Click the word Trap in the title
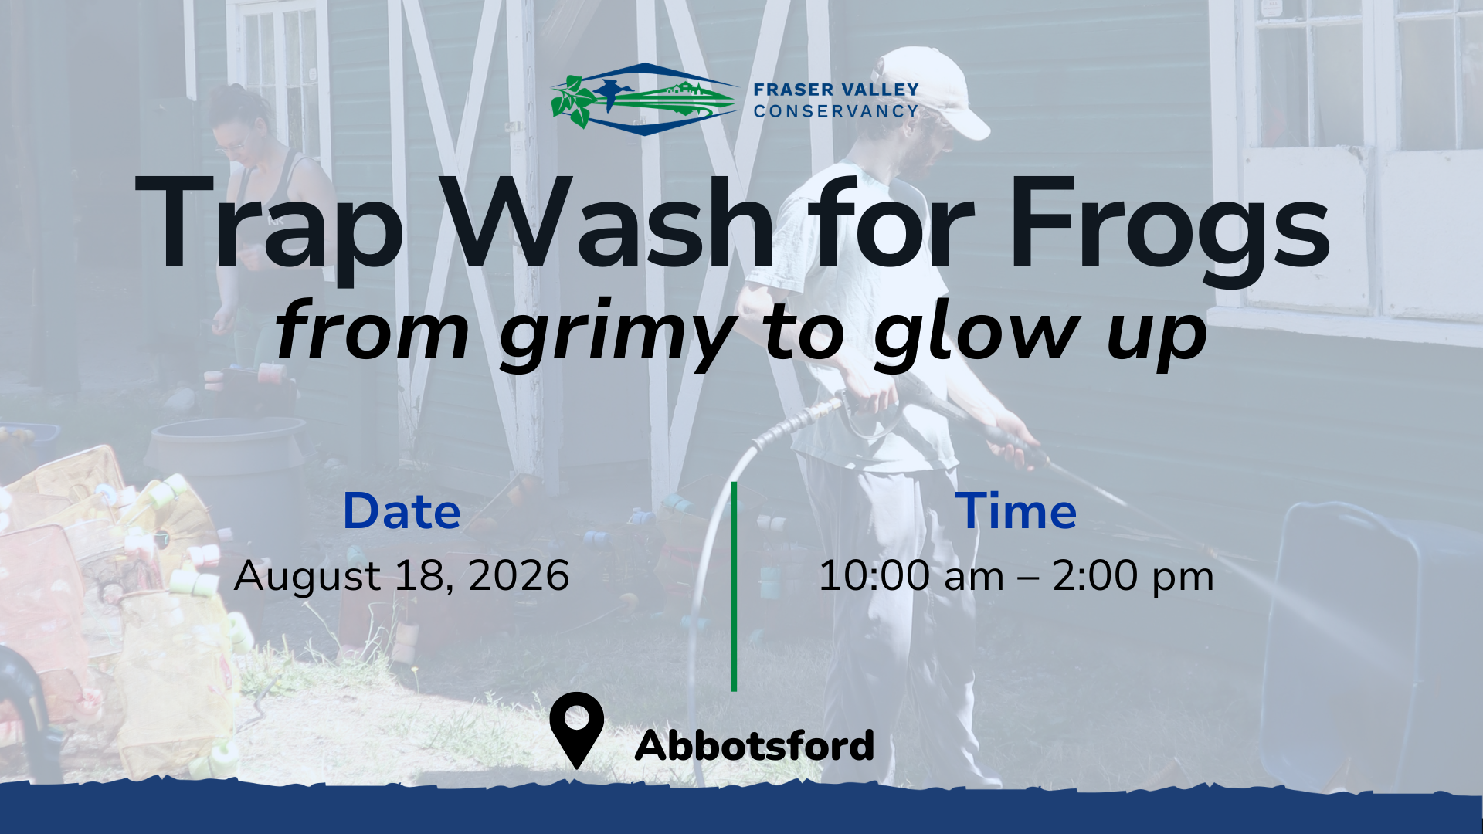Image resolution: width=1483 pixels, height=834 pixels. click(x=270, y=222)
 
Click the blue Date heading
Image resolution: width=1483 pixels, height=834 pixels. click(x=402, y=511)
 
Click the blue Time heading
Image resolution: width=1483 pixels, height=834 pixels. click(x=1016, y=511)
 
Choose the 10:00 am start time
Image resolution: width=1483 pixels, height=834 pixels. click(x=911, y=576)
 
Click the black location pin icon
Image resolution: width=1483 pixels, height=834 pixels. click(x=577, y=730)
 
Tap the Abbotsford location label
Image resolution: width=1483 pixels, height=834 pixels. click(x=755, y=745)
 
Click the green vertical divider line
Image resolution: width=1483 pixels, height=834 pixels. click(x=734, y=587)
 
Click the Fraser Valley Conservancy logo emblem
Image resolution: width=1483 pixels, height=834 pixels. click(x=645, y=100)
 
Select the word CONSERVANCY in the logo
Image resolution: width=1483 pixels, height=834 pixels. click(x=836, y=111)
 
